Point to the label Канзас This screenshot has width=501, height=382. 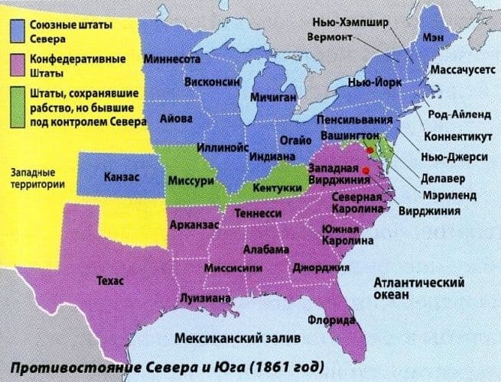click(x=120, y=177)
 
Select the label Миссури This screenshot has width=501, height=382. click(x=184, y=181)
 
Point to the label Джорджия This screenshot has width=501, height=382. click(x=321, y=268)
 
